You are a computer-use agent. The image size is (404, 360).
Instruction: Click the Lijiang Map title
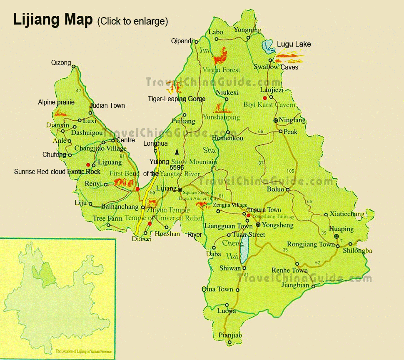52,20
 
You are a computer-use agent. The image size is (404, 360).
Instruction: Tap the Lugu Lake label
294,44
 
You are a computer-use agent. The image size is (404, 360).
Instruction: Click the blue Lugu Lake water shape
268,47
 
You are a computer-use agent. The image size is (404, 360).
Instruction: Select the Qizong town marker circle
73,67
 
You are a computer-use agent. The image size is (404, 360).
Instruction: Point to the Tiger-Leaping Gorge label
177,99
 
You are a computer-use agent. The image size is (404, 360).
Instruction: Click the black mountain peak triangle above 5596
177,151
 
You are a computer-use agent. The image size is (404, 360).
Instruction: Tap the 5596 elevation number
177,167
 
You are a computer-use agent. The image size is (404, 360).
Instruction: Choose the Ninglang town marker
275,120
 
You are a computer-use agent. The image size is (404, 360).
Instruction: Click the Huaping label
341,229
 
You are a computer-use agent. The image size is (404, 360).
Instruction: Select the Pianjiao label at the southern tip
230,335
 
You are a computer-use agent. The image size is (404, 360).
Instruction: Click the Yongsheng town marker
258,225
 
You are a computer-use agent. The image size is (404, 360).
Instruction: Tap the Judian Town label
107,106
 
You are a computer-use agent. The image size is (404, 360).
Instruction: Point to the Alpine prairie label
56,102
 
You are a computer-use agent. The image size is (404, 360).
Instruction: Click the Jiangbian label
295,286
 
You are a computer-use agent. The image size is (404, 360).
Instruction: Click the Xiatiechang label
347,214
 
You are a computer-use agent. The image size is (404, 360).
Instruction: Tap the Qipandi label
182,41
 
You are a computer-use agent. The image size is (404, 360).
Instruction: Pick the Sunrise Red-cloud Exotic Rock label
57,171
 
